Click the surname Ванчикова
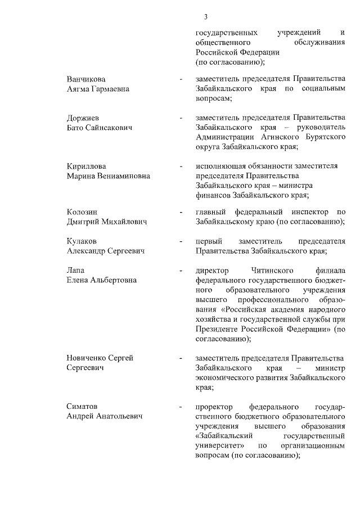tap(86, 79)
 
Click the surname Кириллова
tap(86, 166)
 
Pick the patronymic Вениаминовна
tap(122, 176)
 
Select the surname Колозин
tap(82, 212)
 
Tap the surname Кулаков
tap(82, 241)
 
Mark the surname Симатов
tap(83, 407)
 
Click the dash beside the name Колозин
tap(181, 212)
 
